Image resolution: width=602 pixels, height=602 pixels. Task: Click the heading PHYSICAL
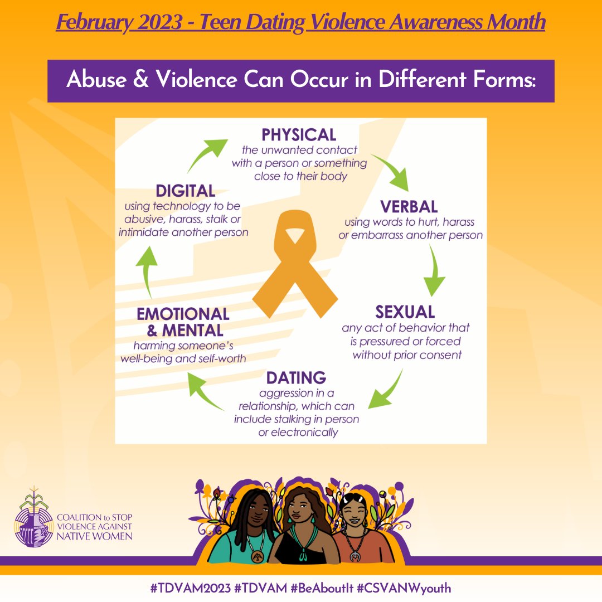299,134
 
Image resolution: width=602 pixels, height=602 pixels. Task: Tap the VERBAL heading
409,207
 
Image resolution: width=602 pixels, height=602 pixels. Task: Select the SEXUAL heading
405,311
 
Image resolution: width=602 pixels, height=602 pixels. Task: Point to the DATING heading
296,377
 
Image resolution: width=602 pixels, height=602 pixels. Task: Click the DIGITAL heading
185,191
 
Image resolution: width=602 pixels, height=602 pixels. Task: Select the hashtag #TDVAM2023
185,588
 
